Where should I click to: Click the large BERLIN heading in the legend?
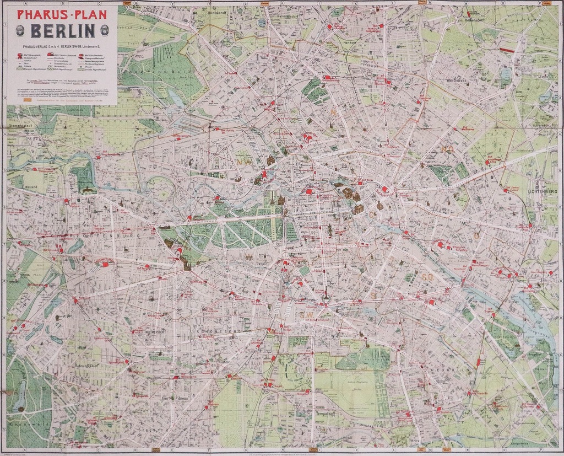click(62, 30)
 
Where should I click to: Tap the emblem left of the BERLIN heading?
click(20, 31)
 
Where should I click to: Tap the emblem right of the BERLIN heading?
click(104, 31)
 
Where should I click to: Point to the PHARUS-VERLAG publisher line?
click(62, 46)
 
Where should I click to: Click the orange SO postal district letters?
click(428, 276)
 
